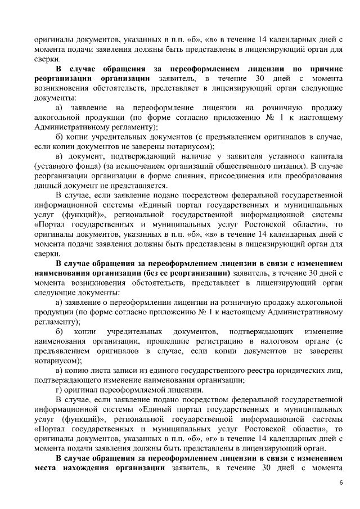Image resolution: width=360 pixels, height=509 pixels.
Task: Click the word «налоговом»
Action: pos(269,342)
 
